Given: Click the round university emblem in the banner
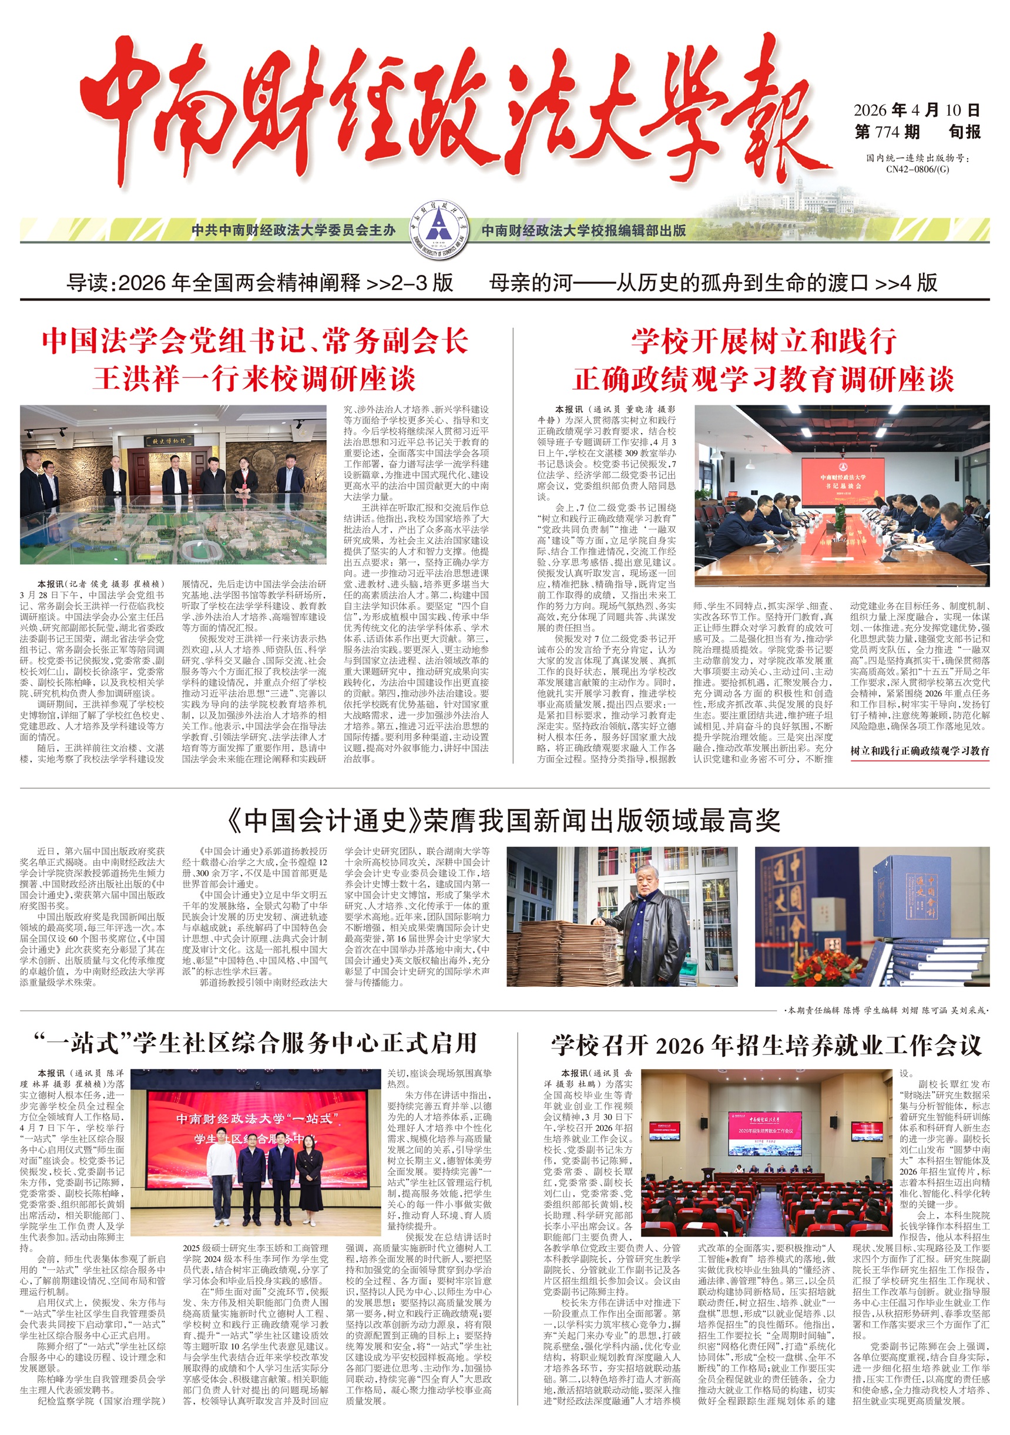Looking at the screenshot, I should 439,230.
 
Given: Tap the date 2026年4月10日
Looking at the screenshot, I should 916,110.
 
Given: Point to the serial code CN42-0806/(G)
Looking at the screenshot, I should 917,169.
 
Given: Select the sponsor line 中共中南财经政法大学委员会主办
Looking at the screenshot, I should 293,230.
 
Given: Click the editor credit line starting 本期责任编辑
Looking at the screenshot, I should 885,1010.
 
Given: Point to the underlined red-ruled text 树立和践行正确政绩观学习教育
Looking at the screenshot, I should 920,751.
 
